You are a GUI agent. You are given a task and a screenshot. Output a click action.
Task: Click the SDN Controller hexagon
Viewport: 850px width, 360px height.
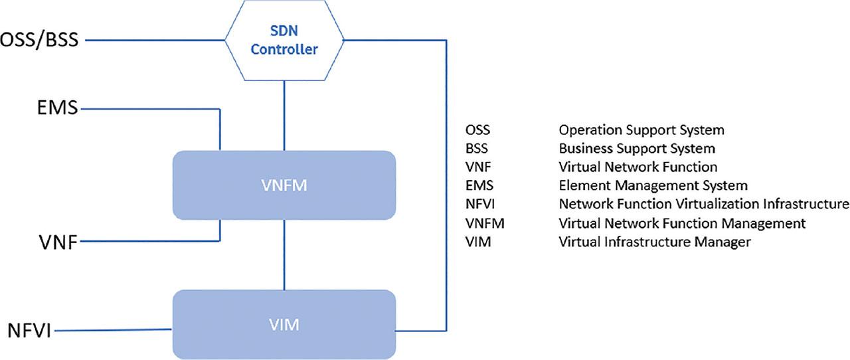(284, 41)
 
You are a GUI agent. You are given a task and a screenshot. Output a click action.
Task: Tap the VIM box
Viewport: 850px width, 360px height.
(284, 325)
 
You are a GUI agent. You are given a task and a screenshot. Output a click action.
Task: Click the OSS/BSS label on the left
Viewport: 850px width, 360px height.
(39, 41)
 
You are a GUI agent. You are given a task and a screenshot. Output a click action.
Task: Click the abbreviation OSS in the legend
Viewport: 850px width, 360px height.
(477, 130)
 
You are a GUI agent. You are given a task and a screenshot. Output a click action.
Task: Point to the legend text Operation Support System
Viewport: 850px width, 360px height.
(641, 130)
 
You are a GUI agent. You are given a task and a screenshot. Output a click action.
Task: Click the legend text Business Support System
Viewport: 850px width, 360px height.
(637, 148)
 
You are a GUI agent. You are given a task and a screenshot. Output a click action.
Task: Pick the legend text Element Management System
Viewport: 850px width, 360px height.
(653, 185)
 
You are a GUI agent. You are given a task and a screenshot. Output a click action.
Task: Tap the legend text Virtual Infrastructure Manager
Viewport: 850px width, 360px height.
(655, 242)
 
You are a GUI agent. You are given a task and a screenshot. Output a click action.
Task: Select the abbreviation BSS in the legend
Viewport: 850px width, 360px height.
(477, 148)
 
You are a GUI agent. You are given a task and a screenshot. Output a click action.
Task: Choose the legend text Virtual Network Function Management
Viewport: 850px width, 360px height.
(682, 223)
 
